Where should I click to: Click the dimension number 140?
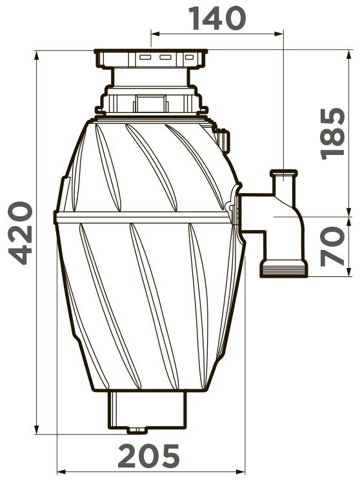(217, 18)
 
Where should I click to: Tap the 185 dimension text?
(332, 134)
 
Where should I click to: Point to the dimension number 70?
(332, 246)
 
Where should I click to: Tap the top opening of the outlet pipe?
(284, 172)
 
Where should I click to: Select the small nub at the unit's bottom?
(137, 430)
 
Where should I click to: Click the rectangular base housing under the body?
(147, 409)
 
